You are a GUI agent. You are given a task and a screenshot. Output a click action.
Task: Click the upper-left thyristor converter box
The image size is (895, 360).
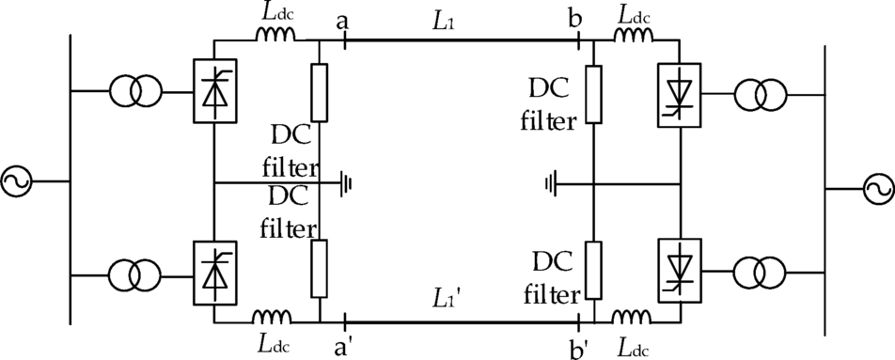point(214,92)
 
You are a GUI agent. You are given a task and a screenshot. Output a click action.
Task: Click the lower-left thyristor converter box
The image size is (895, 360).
point(214,273)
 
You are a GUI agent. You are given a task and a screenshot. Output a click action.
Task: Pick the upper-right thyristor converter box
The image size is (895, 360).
point(679,95)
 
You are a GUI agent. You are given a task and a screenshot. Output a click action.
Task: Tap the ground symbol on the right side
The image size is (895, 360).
point(552,182)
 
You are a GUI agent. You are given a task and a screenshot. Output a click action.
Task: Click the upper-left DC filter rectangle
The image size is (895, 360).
point(320,93)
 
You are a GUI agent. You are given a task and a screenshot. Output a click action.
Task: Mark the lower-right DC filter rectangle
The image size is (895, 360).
point(594,272)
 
